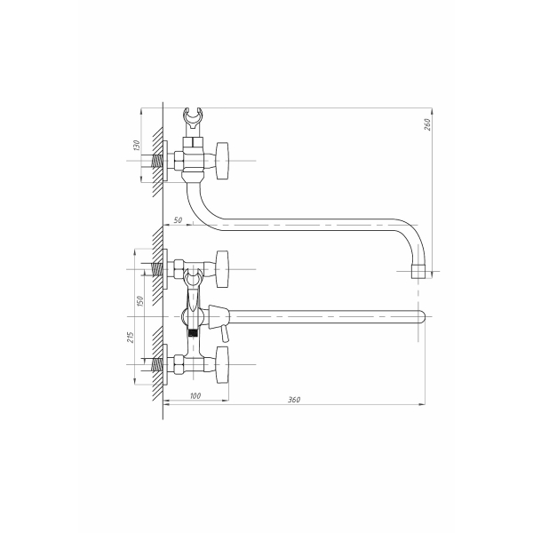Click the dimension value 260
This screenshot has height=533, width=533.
[x=427, y=124]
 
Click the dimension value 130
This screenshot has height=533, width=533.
[x=136, y=145]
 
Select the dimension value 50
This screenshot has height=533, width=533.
[x=178, y=220]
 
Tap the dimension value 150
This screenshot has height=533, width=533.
[x=139, y=301]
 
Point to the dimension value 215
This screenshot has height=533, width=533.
[x=131, y=337]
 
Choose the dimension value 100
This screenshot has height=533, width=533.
[x=195, y=395]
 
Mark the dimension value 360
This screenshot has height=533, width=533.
[x=294, y=400]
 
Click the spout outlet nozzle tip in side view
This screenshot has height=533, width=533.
[x=418, y=271]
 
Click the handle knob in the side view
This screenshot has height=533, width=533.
[x=222, y=161]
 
